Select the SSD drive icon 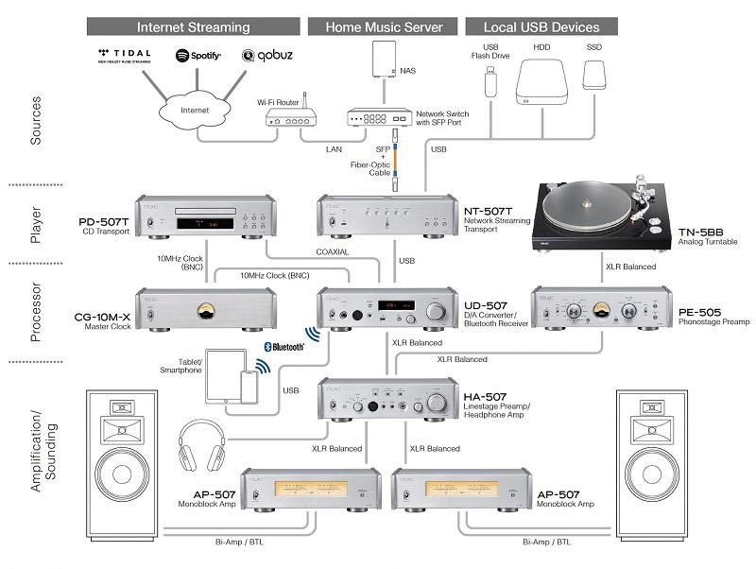pyautogui.click(x=594, y=75)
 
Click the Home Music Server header pyautogui.click(x=385, y=26)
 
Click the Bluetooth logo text pyautogui.click(x=283, y=347)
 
